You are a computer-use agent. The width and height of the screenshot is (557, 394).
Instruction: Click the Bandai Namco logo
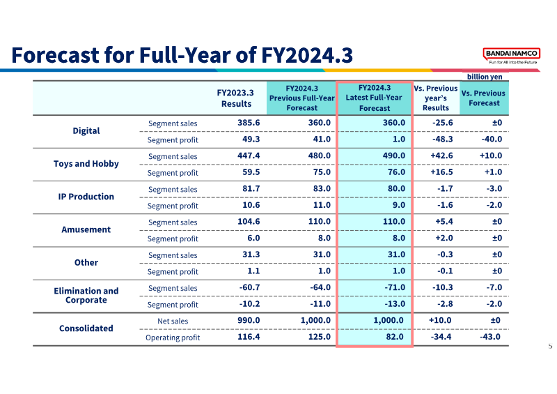[x=512, y=56]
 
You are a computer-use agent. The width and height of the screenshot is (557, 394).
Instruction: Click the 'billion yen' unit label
[x=485, y=77]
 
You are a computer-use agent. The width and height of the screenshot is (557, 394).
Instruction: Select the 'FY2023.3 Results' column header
[x=235, y=98]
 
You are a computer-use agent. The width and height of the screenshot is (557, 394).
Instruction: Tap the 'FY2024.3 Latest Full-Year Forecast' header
[x=374, y=98]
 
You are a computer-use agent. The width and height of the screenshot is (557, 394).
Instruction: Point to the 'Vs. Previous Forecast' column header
[x=483, y=98]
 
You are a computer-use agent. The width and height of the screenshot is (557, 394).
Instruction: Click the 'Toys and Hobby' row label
[x=86, y=164]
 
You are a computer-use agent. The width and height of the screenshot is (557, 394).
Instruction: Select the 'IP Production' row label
[x=86, y=197]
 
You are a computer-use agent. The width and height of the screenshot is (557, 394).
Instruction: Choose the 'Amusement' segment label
[x=86, y=229]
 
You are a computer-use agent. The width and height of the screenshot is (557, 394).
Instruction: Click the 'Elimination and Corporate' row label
[x=86, y=296]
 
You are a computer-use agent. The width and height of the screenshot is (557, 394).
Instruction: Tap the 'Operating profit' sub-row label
[x=173, y=338]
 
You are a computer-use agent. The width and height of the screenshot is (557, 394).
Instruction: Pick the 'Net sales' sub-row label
[x=173, y=321]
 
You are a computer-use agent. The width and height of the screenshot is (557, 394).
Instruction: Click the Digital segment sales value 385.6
[x=249, y=123]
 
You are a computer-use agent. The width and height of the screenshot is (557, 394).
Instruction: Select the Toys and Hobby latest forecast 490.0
[x=393, y=156]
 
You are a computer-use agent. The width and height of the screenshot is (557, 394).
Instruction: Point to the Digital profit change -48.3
[x=443, y=139]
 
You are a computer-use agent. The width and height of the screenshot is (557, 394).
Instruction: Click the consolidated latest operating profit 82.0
[x=395, y=337]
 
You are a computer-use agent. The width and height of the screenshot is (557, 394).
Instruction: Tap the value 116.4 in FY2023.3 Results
[x=249, y=337]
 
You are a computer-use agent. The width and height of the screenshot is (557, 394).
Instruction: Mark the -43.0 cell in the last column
[x=490, y=337]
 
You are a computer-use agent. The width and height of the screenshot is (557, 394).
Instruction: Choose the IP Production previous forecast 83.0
[x=322, y=189]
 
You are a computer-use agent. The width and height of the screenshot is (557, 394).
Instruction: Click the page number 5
[x=550, y=346]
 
